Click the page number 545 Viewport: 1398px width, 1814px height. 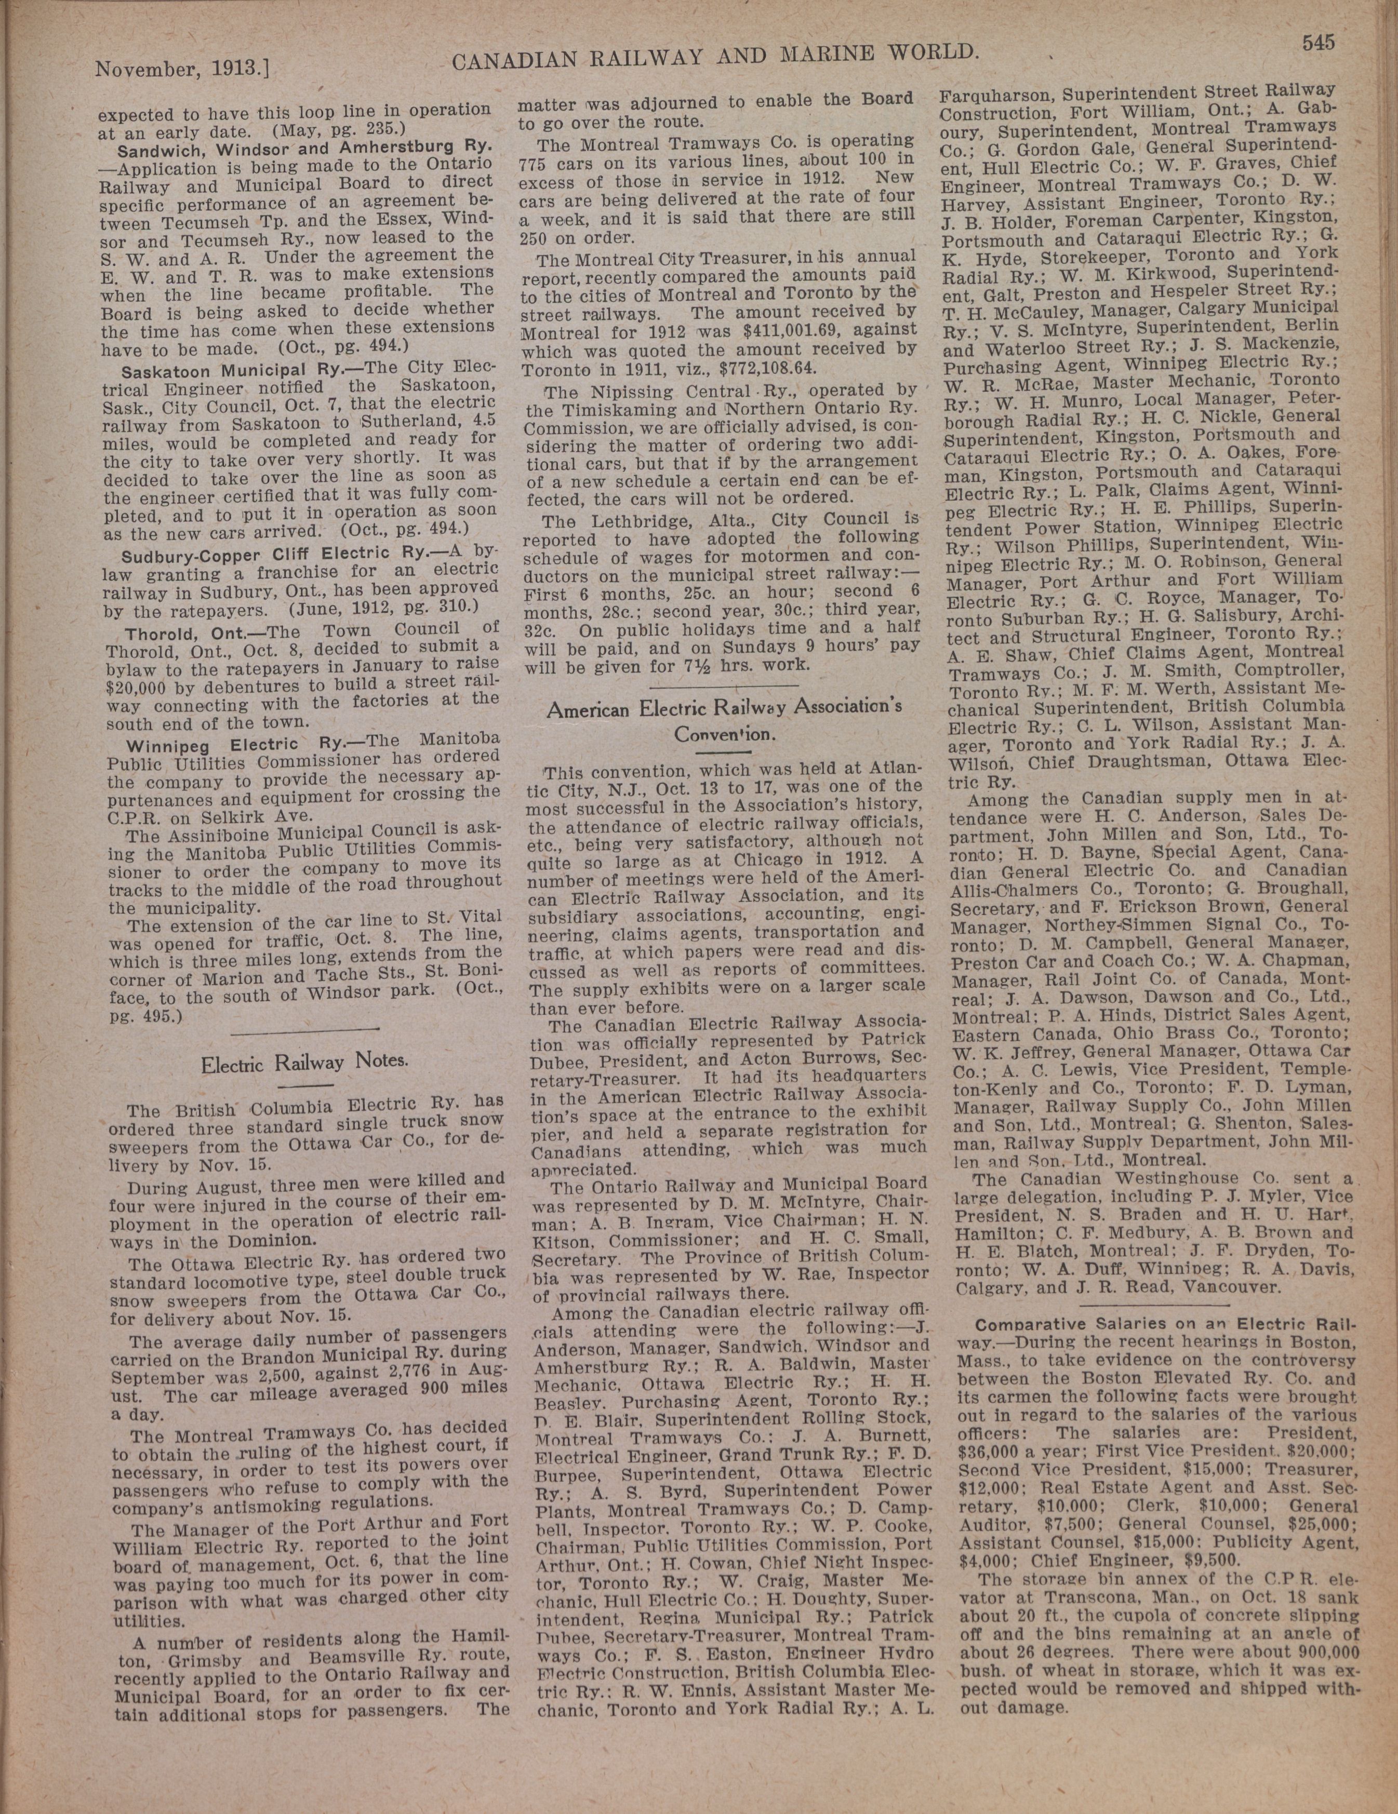[x=1319, y=43]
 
